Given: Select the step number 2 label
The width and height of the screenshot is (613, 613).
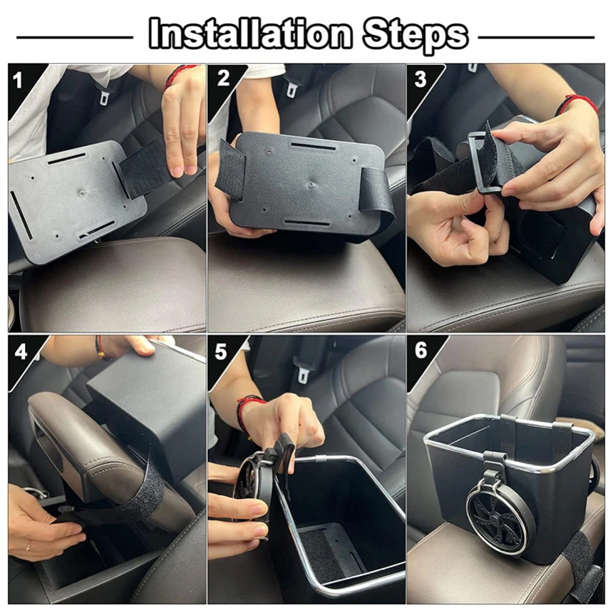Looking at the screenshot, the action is coord(223,78).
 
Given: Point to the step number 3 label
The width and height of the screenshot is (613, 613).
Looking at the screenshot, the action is coord(420,79).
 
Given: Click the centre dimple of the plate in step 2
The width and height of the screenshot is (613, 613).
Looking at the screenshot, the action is coord(311,184).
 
